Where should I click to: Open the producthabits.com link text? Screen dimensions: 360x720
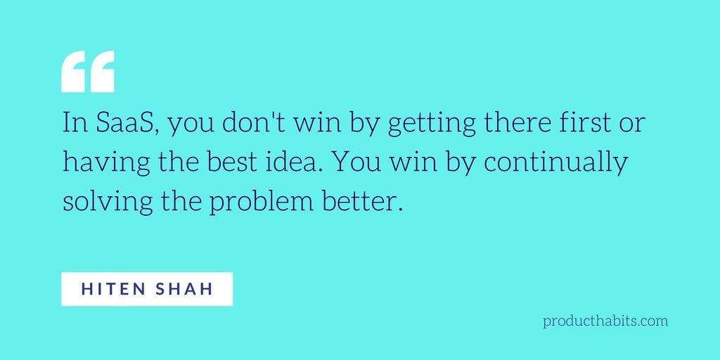point(605,321)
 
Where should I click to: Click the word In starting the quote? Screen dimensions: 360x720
point(72,125)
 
